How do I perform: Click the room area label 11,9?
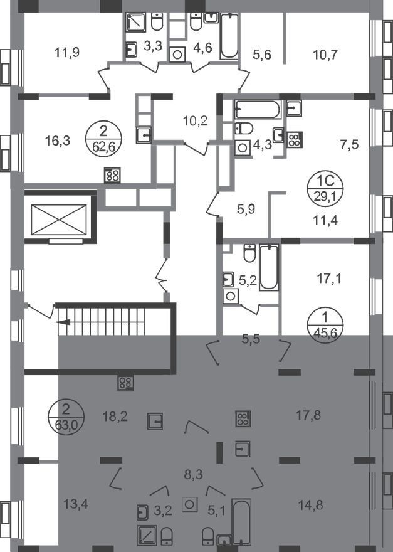(x=67, y=53)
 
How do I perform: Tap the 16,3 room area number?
(x=58, y=141)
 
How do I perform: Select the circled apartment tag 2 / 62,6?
(x=104, y=138)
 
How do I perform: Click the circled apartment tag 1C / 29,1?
(x=325, y=188)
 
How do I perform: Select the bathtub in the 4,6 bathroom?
(x=229, y=36)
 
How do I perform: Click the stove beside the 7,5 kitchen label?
(x=295, y=140)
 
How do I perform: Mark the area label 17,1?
(x=329, y=279)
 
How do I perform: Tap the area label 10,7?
(x=325, y=55)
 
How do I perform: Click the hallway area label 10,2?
(x=196, y=121)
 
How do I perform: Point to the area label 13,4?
(x=76, y=504)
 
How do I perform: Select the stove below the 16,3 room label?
(x=113, y=175)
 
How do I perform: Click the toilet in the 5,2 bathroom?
(x=249, y=253)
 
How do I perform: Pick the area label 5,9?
(x=246, y=210)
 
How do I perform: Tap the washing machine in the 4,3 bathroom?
(x=242, y=147)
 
